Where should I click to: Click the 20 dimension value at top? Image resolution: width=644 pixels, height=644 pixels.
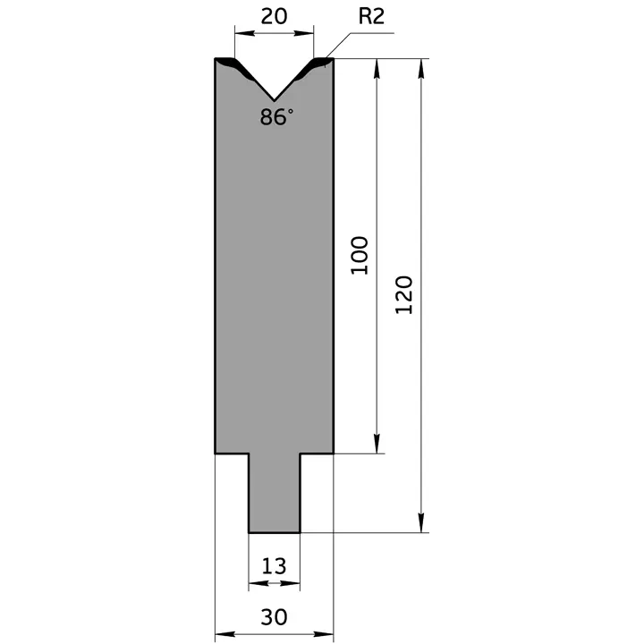[x=274, y=16]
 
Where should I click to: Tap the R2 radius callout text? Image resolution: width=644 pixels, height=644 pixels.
[x=371, y=16]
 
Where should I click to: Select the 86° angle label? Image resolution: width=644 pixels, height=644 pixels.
[x=276, y=116]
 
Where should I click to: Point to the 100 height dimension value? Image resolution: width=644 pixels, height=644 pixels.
[x=360, y=255]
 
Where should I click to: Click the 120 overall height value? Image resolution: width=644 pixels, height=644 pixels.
[x=403, y=295]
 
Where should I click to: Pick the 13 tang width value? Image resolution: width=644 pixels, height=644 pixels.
[x=274, y=566]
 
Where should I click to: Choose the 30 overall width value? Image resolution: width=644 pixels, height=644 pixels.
[x=274, y=617]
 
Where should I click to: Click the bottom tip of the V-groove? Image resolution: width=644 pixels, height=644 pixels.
[x=274, y=100]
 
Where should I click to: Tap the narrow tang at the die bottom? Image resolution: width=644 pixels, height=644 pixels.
[x=275, y=493]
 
